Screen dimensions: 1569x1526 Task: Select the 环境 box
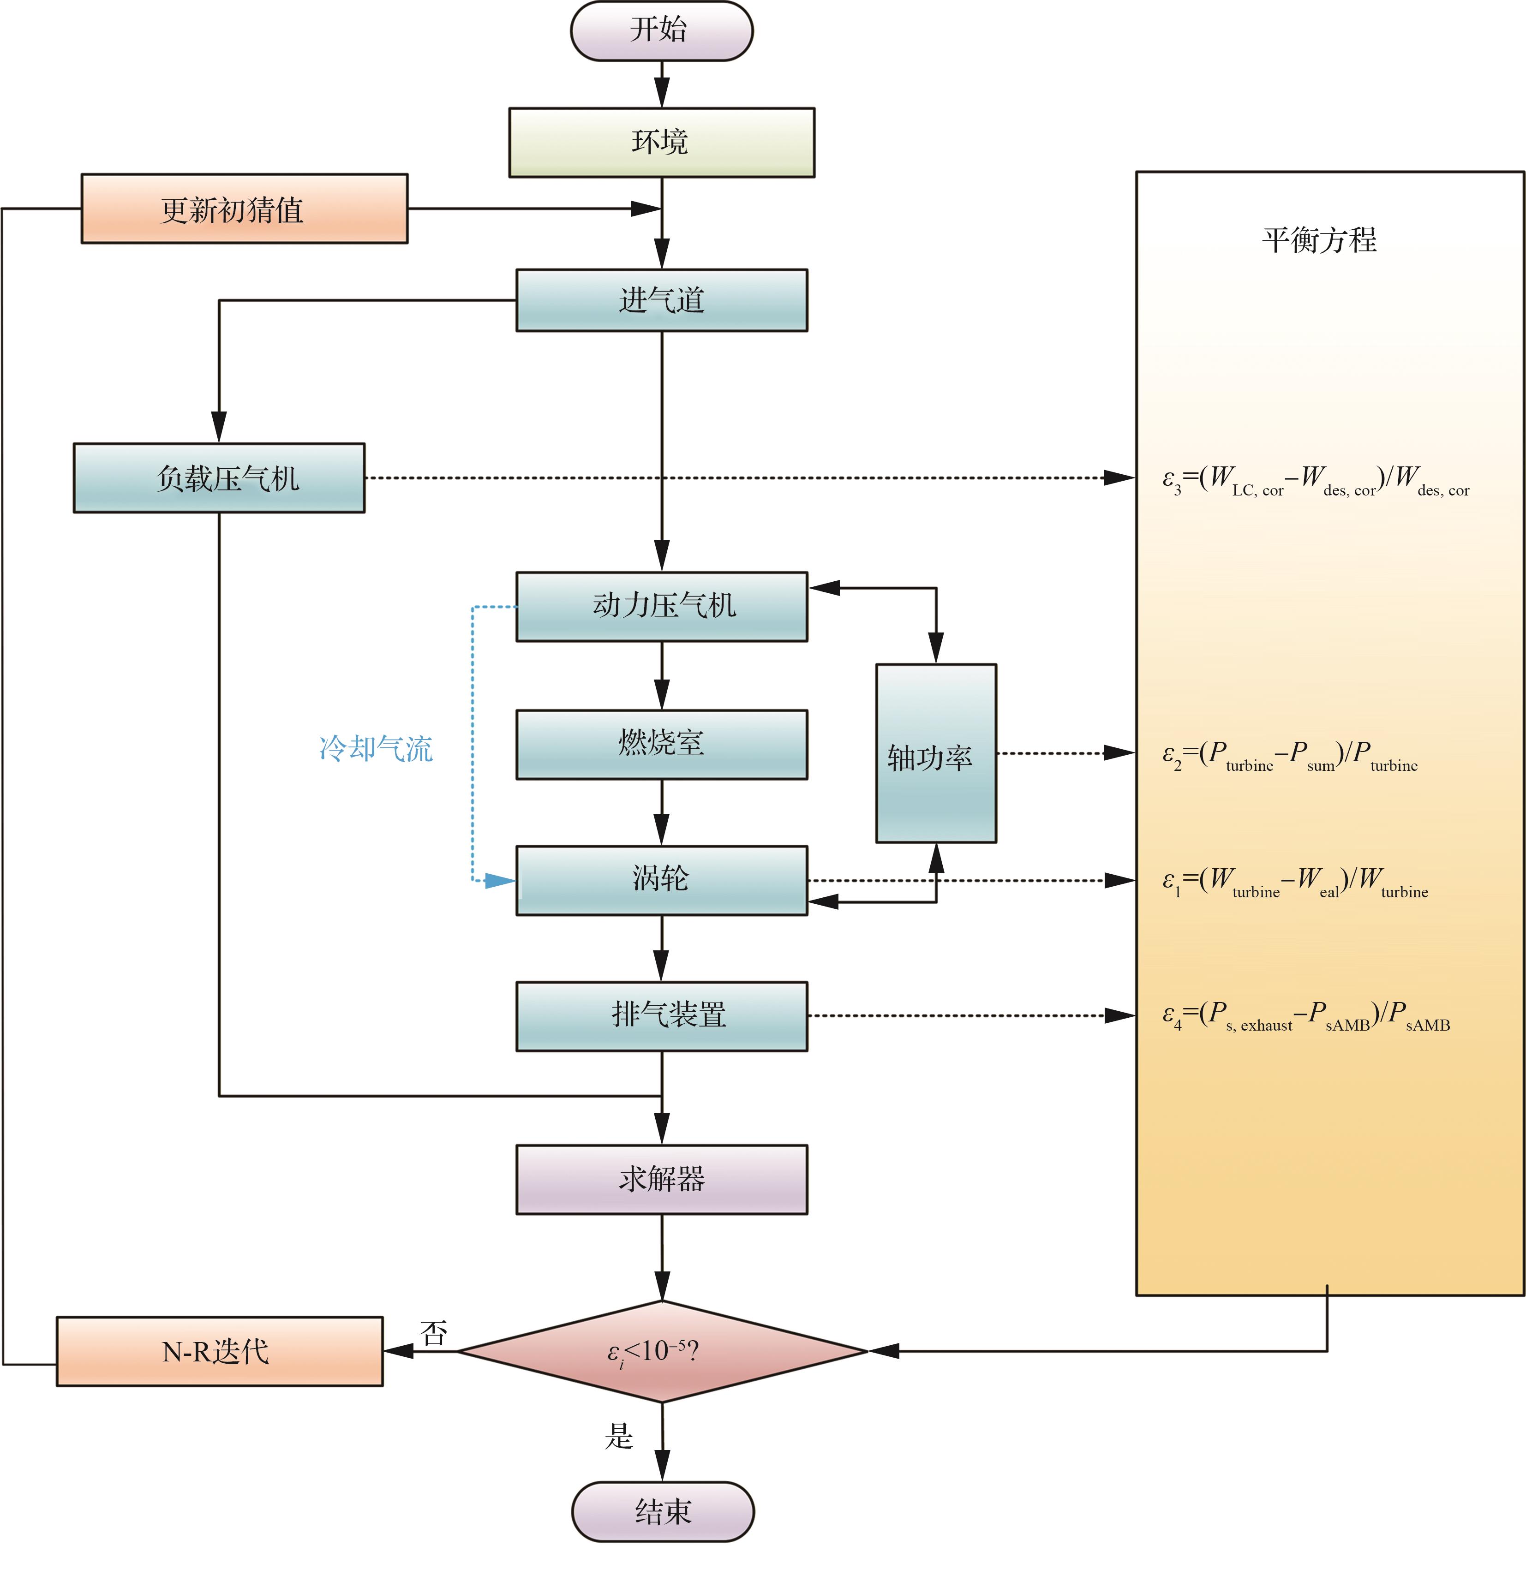point(661,143)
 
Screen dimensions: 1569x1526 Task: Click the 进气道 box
point(661,300)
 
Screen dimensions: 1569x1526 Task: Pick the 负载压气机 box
point(219,478)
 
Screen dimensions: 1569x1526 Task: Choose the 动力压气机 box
point(661,607)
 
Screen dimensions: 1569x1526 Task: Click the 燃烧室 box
point(661,745)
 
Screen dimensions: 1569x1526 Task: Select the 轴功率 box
point(935,754)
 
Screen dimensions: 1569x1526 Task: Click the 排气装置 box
point(661,1016)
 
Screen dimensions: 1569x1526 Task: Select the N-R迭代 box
point(219,1352)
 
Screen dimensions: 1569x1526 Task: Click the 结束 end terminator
point(662,1511)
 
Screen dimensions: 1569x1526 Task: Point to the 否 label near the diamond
point(434,1333)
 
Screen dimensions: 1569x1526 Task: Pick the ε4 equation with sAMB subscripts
point(1305,1016)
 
